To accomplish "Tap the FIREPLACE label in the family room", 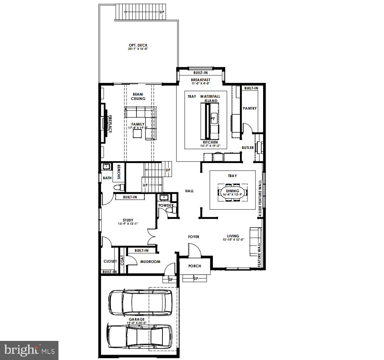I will [x=110, y=124].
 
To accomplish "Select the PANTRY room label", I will [x=250, y=108].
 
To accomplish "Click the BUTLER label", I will [x=247, y=148].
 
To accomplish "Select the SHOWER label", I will [x=119, y=172].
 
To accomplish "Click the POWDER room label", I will [x=166, y=206].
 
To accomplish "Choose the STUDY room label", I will [x=128, y=220].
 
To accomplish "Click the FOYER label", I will [x=193, y=237].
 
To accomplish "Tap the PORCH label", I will [x=195, y=266].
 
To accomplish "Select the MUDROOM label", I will [x=150, y=262].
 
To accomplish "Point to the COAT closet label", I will [x=122, y=261].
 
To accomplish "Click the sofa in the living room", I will [x=256, y=242].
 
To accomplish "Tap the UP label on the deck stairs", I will [x=162, y=12].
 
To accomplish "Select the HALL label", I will [x=189, y=191].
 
